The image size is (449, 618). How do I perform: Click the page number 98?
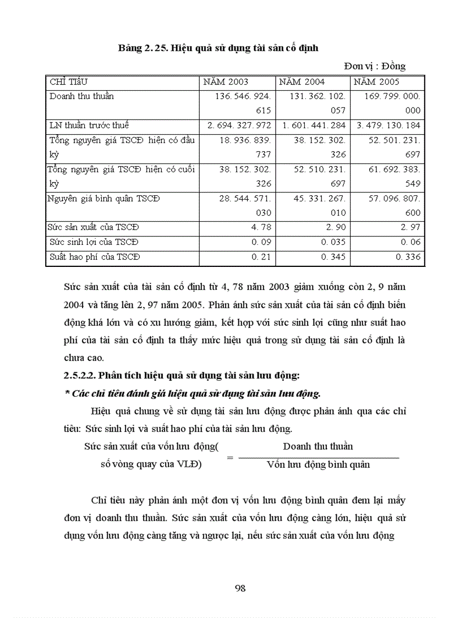(240, 588)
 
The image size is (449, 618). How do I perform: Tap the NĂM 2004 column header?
(302, 82)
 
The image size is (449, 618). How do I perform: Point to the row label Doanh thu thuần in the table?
(81, 96)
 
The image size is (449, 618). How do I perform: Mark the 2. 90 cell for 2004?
(336, 228)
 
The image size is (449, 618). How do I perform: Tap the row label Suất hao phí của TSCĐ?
(95, 256)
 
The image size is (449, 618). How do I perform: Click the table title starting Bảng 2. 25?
(218, 48)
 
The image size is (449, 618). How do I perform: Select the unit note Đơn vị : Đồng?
(375, 66)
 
